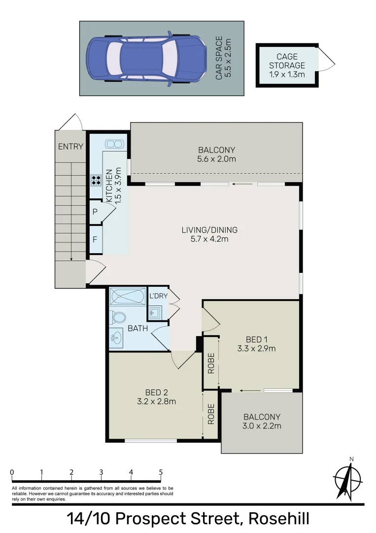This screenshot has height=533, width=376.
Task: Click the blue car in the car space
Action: (x=146, y=58)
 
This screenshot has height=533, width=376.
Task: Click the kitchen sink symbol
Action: (x=114, y=144)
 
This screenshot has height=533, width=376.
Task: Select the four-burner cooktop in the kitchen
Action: (x=96, y=180)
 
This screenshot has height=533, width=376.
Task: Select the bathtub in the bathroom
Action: (x=128, y=297)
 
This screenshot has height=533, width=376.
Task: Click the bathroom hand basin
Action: (x=117, y=338)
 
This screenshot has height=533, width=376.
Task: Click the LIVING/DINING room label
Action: (x=209, y=229)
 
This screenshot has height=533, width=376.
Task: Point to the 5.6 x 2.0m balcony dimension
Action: (x=217, y=159)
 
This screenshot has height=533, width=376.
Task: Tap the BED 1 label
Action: (x=256, y=339)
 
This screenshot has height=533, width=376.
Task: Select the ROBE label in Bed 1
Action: (x=211, y=363)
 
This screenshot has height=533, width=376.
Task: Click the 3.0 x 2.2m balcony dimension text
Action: (x=262, y=426)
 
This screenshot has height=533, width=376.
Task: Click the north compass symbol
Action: (x=347, y=479)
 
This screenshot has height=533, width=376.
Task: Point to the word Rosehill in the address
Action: (x=279, y=519)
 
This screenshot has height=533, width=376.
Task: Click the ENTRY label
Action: (x=70, y=146)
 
